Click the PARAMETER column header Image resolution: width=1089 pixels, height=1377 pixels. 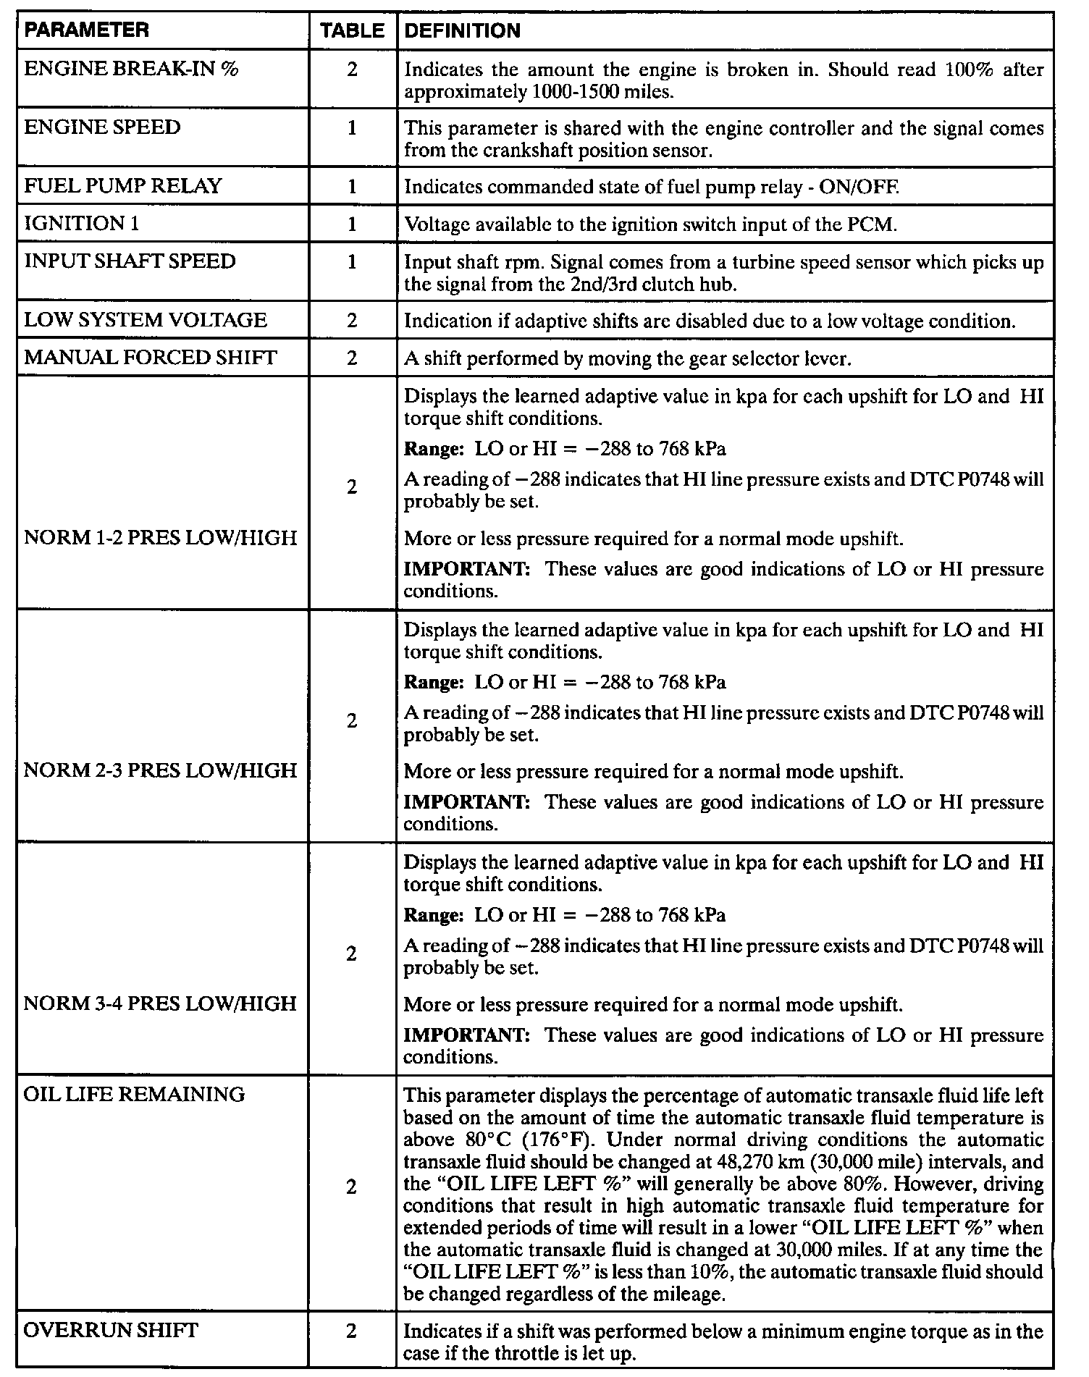click(86, 30)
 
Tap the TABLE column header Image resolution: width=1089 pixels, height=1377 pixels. click(353, 30)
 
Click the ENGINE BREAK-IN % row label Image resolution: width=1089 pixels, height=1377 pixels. click(131, 69)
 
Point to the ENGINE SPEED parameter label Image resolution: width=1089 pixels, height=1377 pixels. click(102, 127)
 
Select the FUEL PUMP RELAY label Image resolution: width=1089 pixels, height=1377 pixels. click(122, 186)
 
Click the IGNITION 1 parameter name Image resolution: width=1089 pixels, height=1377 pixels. click(81, 223)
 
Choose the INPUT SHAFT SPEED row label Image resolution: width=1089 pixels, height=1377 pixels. click(130, 261)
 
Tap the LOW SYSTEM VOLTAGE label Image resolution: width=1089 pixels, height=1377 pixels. click(145, 320)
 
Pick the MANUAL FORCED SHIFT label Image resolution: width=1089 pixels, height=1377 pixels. click(151, 358)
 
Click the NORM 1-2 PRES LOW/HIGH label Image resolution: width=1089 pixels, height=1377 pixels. click(160, 538)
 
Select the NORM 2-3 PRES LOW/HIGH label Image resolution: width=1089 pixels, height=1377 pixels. click(160, 770)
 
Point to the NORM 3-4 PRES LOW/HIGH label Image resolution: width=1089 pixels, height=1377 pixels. click(160, 1003)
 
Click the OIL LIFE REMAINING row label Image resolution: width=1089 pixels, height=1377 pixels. click(134, 1094)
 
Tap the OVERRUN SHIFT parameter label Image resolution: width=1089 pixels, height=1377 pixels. click(111, 1331)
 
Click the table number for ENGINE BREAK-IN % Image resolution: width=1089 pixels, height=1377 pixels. click(352, 70)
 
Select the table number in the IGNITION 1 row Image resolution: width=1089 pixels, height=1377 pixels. click(352, 224)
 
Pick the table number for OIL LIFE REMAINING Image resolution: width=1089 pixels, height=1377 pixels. click(352, 1187)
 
